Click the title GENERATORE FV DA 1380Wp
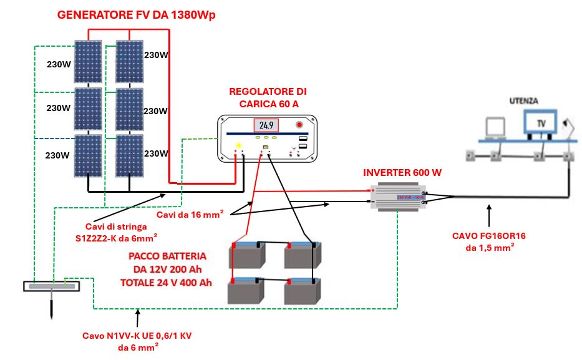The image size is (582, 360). pyautogui.click(x=136, y=16)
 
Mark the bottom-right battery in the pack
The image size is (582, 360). pyautogui.click(x=302, y=291)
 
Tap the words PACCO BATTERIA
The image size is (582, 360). pyautogui.click(x=167, y=256)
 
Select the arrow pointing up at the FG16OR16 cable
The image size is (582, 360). pyautogui.click(x=489, y=216)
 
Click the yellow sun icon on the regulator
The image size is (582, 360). pyautogui.click(x=238, y=146)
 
